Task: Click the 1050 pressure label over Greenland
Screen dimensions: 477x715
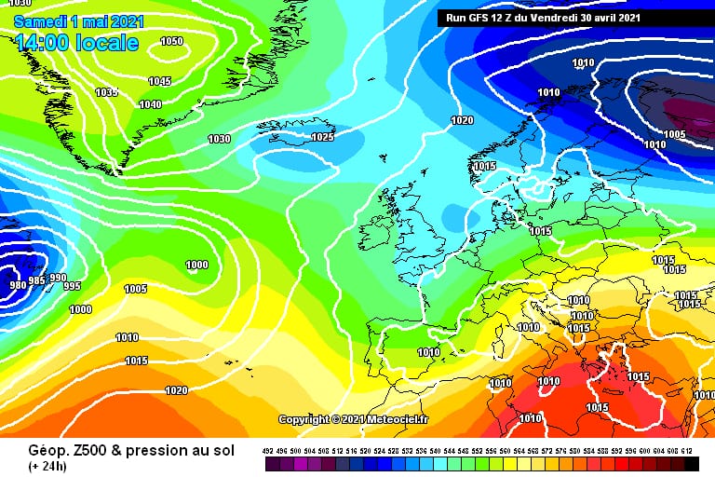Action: [171, 41]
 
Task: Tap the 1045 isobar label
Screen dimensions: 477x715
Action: [159, 81]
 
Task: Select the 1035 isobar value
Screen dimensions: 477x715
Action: [106, 92]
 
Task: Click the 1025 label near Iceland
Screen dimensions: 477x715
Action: [322, 137]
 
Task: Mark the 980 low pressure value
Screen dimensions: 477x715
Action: [16, 285]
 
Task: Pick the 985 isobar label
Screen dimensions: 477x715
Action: [36, 280]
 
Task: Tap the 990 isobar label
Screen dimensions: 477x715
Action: [58, 278]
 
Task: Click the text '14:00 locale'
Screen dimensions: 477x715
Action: [76, 43]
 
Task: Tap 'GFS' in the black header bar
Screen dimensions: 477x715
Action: [492, 18]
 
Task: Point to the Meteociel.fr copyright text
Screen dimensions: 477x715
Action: [354, 420]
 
